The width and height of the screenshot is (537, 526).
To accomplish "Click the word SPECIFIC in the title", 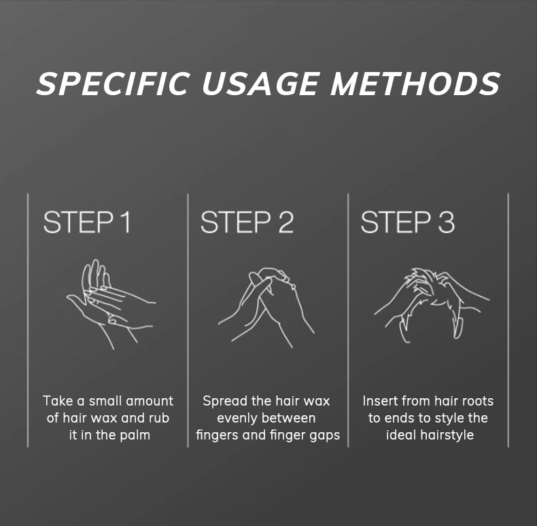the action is [x=112, y=83].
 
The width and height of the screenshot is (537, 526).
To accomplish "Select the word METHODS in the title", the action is [x=415, y=83].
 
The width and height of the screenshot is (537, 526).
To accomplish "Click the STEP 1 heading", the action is [x=86, y=222].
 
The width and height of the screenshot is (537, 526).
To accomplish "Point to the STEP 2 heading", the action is [x=247, y=222].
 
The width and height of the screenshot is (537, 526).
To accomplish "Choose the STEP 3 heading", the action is [x=408, y=222].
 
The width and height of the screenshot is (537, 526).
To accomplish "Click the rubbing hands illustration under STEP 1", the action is [x=111, y=304].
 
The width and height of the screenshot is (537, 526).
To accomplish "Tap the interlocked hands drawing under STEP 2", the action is [x=266, y=307].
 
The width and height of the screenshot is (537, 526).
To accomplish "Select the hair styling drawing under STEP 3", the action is [x=432, y=304].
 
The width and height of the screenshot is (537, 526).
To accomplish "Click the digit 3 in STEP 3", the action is [x=446, y=222].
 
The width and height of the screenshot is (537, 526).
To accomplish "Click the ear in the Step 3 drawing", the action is [x=458, y=327].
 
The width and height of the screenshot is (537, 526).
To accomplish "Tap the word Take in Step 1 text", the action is [x=56, y=401].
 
